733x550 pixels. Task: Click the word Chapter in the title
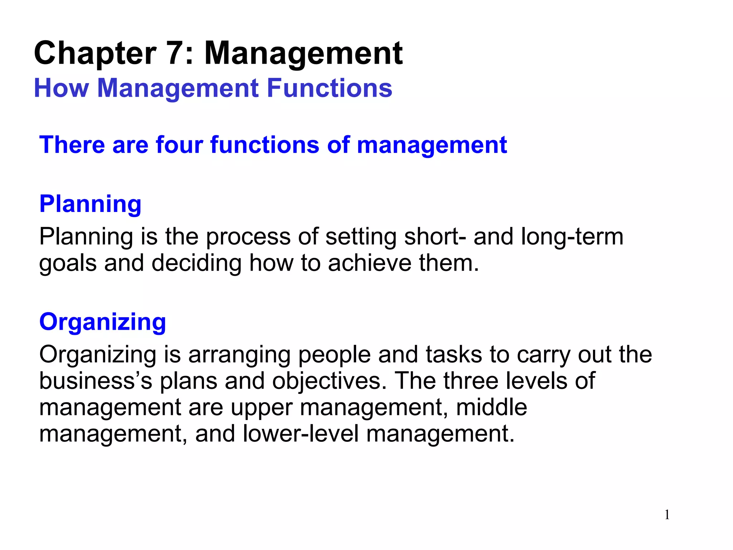pyautogui.click(x=95, y=54)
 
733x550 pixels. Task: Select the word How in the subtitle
pyautogui.click(x=61, y=88)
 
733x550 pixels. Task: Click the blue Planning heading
pyautogui.click(x=90, y=204)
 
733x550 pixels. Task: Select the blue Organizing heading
pyautogui.click(x=103, y=322)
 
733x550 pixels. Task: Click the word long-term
pyautogui.click(x=572, y=237)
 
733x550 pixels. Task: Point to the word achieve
pyautogui.click(x=370, y=263)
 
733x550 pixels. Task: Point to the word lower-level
pyautogui.click(x=301, y=434)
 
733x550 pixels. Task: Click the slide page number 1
pyautogui.click(x=667, y=515)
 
